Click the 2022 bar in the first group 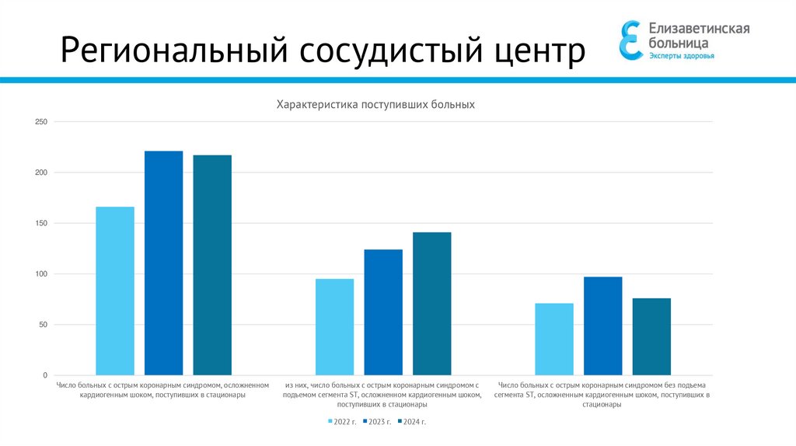click(115, 291)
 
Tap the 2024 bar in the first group click(212, 265)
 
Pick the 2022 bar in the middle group click(334, 326)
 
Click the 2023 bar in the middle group click(383, 312)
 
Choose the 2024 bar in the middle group click(431, 304)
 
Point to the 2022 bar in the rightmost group click(554, 339)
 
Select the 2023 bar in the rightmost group click(603, 326)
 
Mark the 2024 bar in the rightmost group click(651, 336)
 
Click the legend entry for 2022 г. click(341, 422)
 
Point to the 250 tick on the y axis click(41, 122)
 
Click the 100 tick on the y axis click(41, 274)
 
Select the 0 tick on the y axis click(44, 375)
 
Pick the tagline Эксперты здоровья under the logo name click(682, 56)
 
